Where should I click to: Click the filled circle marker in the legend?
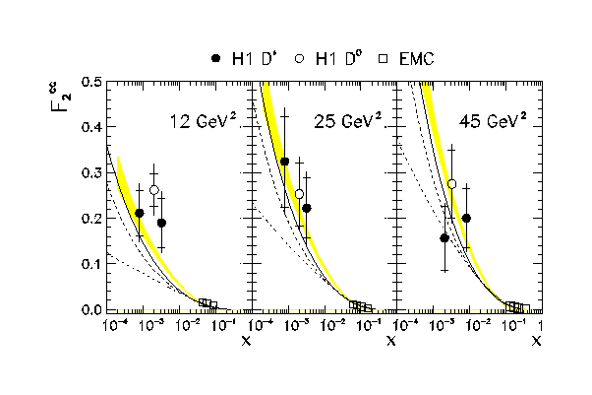[x=217, y=59]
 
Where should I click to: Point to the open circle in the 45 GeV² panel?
[x=452, y=184]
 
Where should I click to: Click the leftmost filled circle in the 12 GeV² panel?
[x=139, y=213]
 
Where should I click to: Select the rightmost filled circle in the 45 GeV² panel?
[x=466, y=218]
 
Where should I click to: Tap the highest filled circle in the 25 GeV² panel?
[x=285, y=162]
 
